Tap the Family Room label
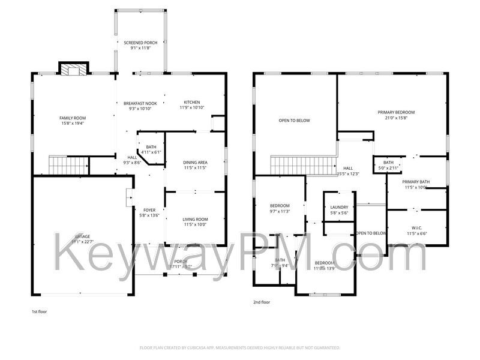coord(72,118)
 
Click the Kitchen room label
coord(191,102)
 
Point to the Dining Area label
coord(195,162)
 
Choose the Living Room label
coord(195,219)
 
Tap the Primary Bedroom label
coord(396,112)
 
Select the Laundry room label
coord(339,207)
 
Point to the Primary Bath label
coord(416,182)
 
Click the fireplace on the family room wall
coord(73,70)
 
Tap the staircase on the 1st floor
coord(60,164)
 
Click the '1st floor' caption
coord(40,312)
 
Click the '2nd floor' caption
coord(262,302)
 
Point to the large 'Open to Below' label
coord(294,121)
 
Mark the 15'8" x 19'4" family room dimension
coord(72,123)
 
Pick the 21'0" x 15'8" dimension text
coord(396,118)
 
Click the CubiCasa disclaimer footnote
coord(240,347)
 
